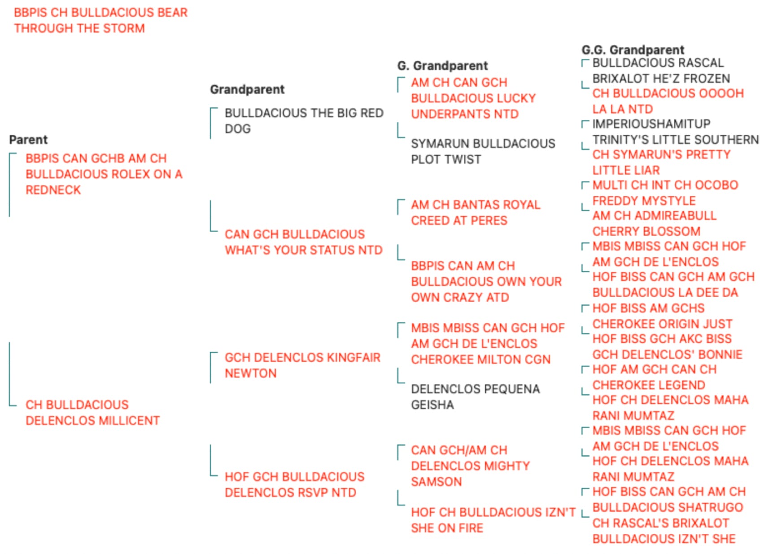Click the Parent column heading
point(28,140)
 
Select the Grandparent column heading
point(247,89)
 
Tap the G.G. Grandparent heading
point(633,50)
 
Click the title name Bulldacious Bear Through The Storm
point(101,20)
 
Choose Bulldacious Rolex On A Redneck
point(104,174)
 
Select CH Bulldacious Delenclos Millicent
point(92,413)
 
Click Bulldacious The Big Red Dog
point(304,121)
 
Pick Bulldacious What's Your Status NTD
point(304,242)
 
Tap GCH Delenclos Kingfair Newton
point(303,365)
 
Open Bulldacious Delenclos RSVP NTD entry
point(294,484)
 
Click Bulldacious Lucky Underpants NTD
point(473,98)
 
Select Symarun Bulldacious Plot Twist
point(483,151)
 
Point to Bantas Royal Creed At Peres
point(476,212)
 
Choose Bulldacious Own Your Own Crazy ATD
point(486,281)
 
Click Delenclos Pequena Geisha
point(476,397)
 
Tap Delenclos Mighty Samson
point(471,466)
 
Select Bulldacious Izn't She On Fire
point(494,520)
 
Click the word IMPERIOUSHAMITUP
point(651,123)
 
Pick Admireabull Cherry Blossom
point(655,224)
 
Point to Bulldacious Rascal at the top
point(658,63)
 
